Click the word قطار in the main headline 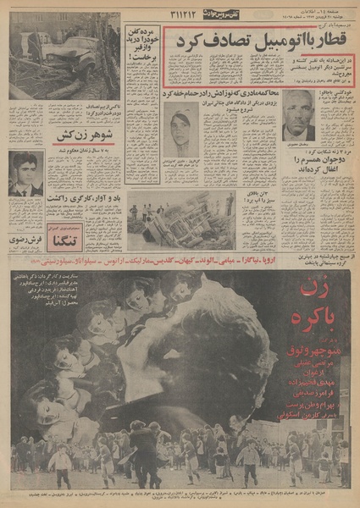(326, 40)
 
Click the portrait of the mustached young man (26, 174)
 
